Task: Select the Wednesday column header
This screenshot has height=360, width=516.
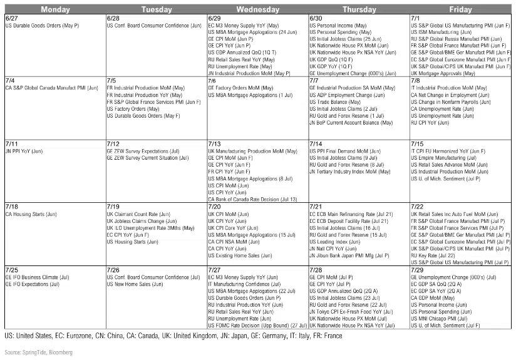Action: (x=257, y=9)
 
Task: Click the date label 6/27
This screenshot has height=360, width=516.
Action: (x=11, y=19)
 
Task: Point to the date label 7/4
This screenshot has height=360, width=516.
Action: (x=9, y=81)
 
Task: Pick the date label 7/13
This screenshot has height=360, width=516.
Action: (x=215, y=144)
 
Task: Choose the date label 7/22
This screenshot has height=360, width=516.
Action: (x=418, y=206)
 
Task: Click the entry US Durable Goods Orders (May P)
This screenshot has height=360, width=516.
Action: (x=42, y=26)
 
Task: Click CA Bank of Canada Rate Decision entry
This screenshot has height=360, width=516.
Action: (x=257, y=199)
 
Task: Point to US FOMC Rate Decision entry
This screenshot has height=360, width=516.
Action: (x=257, y=325)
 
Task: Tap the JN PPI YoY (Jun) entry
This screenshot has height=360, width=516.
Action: (x=24, y=151)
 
